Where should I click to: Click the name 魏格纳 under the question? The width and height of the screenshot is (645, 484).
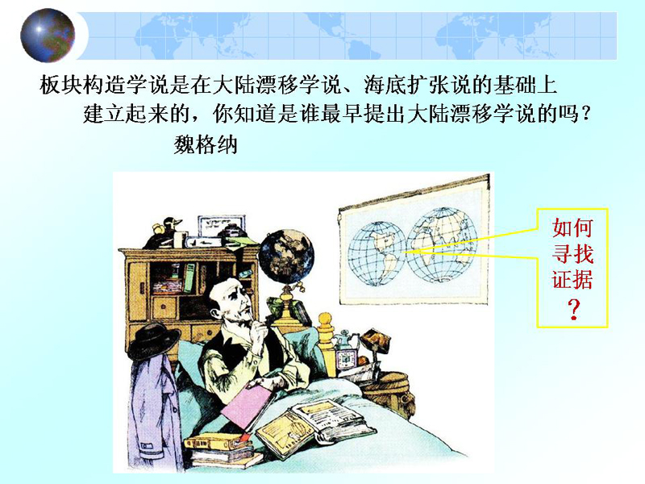[x=206, y=145]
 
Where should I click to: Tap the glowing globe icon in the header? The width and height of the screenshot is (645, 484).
[x=48, y=35]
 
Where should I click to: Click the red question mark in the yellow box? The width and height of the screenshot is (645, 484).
[x=573, y=310]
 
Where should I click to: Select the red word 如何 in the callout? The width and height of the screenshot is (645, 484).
[x=572, y=227]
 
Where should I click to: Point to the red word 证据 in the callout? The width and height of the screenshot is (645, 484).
[x=572, y=280]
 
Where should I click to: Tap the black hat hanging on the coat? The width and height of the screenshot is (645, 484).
[x=153, y=340]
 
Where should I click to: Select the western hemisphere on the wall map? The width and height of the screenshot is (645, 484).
[x=377, y=254]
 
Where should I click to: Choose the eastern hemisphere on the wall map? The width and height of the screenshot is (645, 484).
[x=442, y=245]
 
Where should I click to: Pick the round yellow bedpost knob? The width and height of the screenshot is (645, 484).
[x=325, y=319]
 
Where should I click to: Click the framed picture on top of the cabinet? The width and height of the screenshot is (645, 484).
[x=221, y=227]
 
